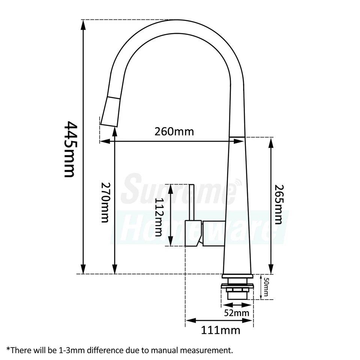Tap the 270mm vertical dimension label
point(105,202)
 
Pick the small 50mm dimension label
point(266,287)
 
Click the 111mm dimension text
point(220,330)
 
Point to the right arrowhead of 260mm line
point(240,141)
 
